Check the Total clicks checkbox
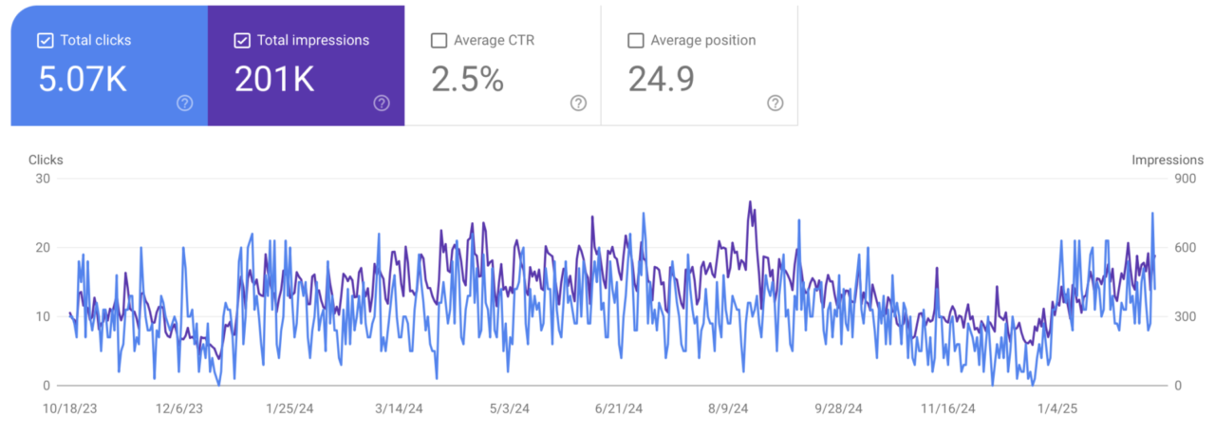[45, 41]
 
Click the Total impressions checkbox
[242, 41]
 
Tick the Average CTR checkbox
[439, 41]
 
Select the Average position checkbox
[636, 41]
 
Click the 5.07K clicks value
[83, 80]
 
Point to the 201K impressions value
[274, 80]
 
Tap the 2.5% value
[467, 80]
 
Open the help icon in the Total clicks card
[184, 104]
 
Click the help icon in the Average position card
[775, 104]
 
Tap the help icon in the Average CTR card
[578, 104]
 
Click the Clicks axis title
[46, 161]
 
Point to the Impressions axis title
[1168, 161]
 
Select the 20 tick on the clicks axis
[43, 248]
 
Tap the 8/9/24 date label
[729, 408]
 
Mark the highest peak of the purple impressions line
[750, 201]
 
